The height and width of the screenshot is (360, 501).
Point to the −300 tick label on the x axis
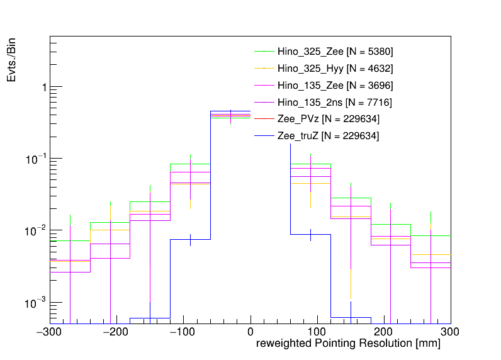pyautogui.click(x=50, y=332)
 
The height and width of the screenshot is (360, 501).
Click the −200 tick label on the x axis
pyautogui.click(x=117, y=332)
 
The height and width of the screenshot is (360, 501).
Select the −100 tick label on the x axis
pyautogui.click(x=184, y=332)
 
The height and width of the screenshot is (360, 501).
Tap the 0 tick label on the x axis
pyautogui.click(x=250, y=332)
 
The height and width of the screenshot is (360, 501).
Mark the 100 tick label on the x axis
pyautogui.click(x=317, y=332)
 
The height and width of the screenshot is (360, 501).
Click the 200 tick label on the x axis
pyautogui.click(x=384, y=332)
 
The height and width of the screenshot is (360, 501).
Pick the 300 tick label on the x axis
pyautogui.click(x=450, y=332)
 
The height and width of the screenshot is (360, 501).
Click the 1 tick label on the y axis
pyautogui.click(x=43, y=87)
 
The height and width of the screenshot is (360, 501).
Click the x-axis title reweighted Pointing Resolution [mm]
pyautogui.click(x=348, y=344)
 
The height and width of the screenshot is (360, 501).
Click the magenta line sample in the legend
pyautogui.click(x=264, y=102)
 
